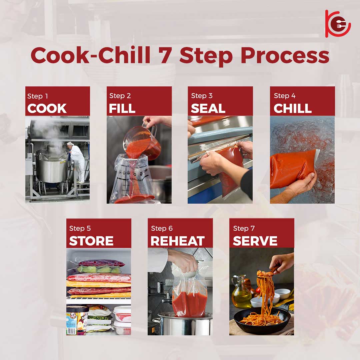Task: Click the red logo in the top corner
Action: [337, 24]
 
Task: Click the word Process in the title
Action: [285, 56]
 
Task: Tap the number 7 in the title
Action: [165, 55]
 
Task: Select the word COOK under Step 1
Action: [47, 108]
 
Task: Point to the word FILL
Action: [122, 108]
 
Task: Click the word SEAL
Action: [208, 108]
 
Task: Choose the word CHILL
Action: [293, 108]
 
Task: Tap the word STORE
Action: [91, 241]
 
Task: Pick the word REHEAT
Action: [177, 241]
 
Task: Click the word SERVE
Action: [255, 241]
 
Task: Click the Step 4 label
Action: [284, 96]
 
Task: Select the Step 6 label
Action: [162, 228]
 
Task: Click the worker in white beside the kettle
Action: [76, 162]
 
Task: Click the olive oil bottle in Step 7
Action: [241, 292]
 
